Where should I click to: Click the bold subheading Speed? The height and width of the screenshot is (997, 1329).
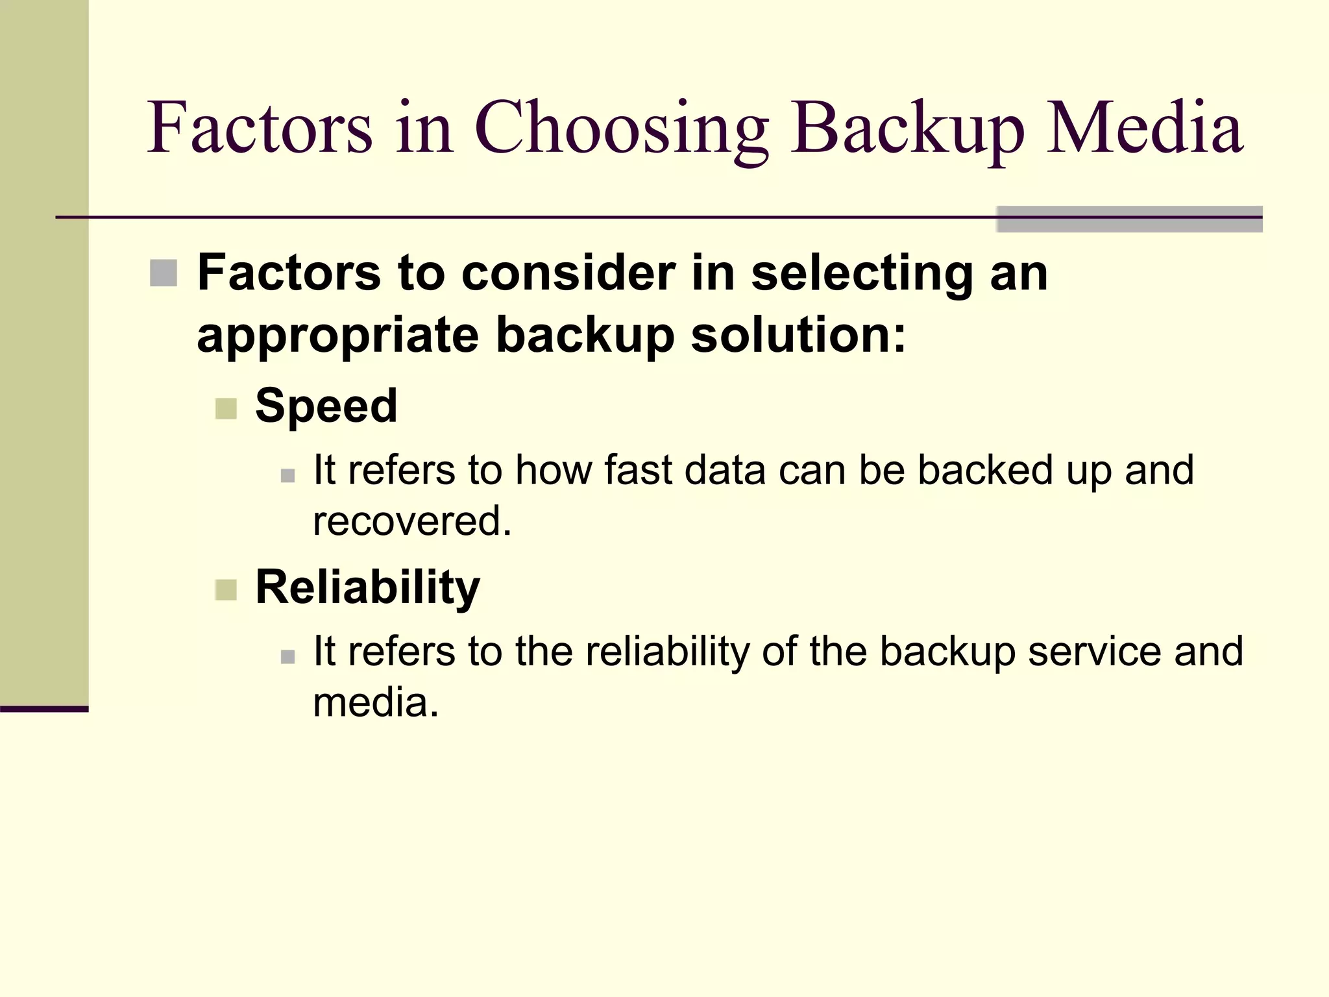[x=326, y=406]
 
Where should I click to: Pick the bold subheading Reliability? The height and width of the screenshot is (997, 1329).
[x=367, y=587]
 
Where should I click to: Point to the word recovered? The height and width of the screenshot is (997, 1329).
[x=412, y=521]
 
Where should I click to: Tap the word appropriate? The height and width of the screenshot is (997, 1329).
[x=337, y=336]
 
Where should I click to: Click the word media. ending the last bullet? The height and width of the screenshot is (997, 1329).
[x=376, y=702]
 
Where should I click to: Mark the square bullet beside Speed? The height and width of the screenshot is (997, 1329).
[x=226, y=409]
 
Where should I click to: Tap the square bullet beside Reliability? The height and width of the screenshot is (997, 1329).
[x=226, y=590]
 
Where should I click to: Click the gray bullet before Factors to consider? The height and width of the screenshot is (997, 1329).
[x=164, y=273]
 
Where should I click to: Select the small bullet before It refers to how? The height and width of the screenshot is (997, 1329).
[x=288, y=476]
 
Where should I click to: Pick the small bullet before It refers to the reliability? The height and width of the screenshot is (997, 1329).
[x=288, y=657]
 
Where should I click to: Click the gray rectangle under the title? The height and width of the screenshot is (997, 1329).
[x=1129, y=219]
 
